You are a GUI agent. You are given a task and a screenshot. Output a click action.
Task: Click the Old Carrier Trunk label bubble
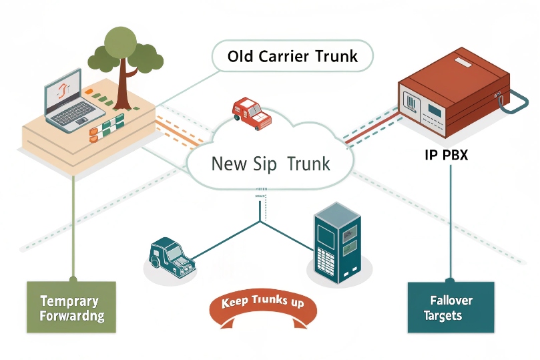point(292,56)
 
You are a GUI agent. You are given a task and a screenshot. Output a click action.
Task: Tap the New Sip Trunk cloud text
point(270,164)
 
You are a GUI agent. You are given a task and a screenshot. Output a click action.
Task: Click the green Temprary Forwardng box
point(71,307)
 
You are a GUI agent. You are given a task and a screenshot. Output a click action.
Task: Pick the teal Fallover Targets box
point(450,307)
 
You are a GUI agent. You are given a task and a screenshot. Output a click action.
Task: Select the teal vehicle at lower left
point(171,256)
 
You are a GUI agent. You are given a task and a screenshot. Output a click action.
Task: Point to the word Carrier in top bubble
point(290,56)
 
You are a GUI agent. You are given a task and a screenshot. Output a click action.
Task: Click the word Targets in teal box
point(443,315)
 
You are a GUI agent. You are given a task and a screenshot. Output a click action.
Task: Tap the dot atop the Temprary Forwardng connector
point(71,277)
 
